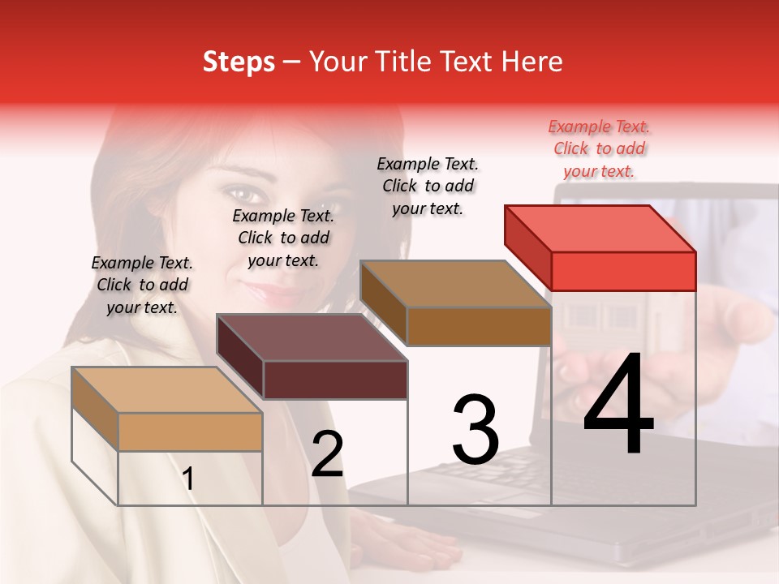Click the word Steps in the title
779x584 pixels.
point(239,62)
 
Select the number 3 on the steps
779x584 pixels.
point(475,430)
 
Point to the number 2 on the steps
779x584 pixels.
point(327,454)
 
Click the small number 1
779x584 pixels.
point(188,479)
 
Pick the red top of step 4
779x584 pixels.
point(599,229)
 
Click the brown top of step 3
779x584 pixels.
point(454,284)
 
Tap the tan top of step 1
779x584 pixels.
point(166,390)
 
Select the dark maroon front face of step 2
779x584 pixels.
point(335,380)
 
